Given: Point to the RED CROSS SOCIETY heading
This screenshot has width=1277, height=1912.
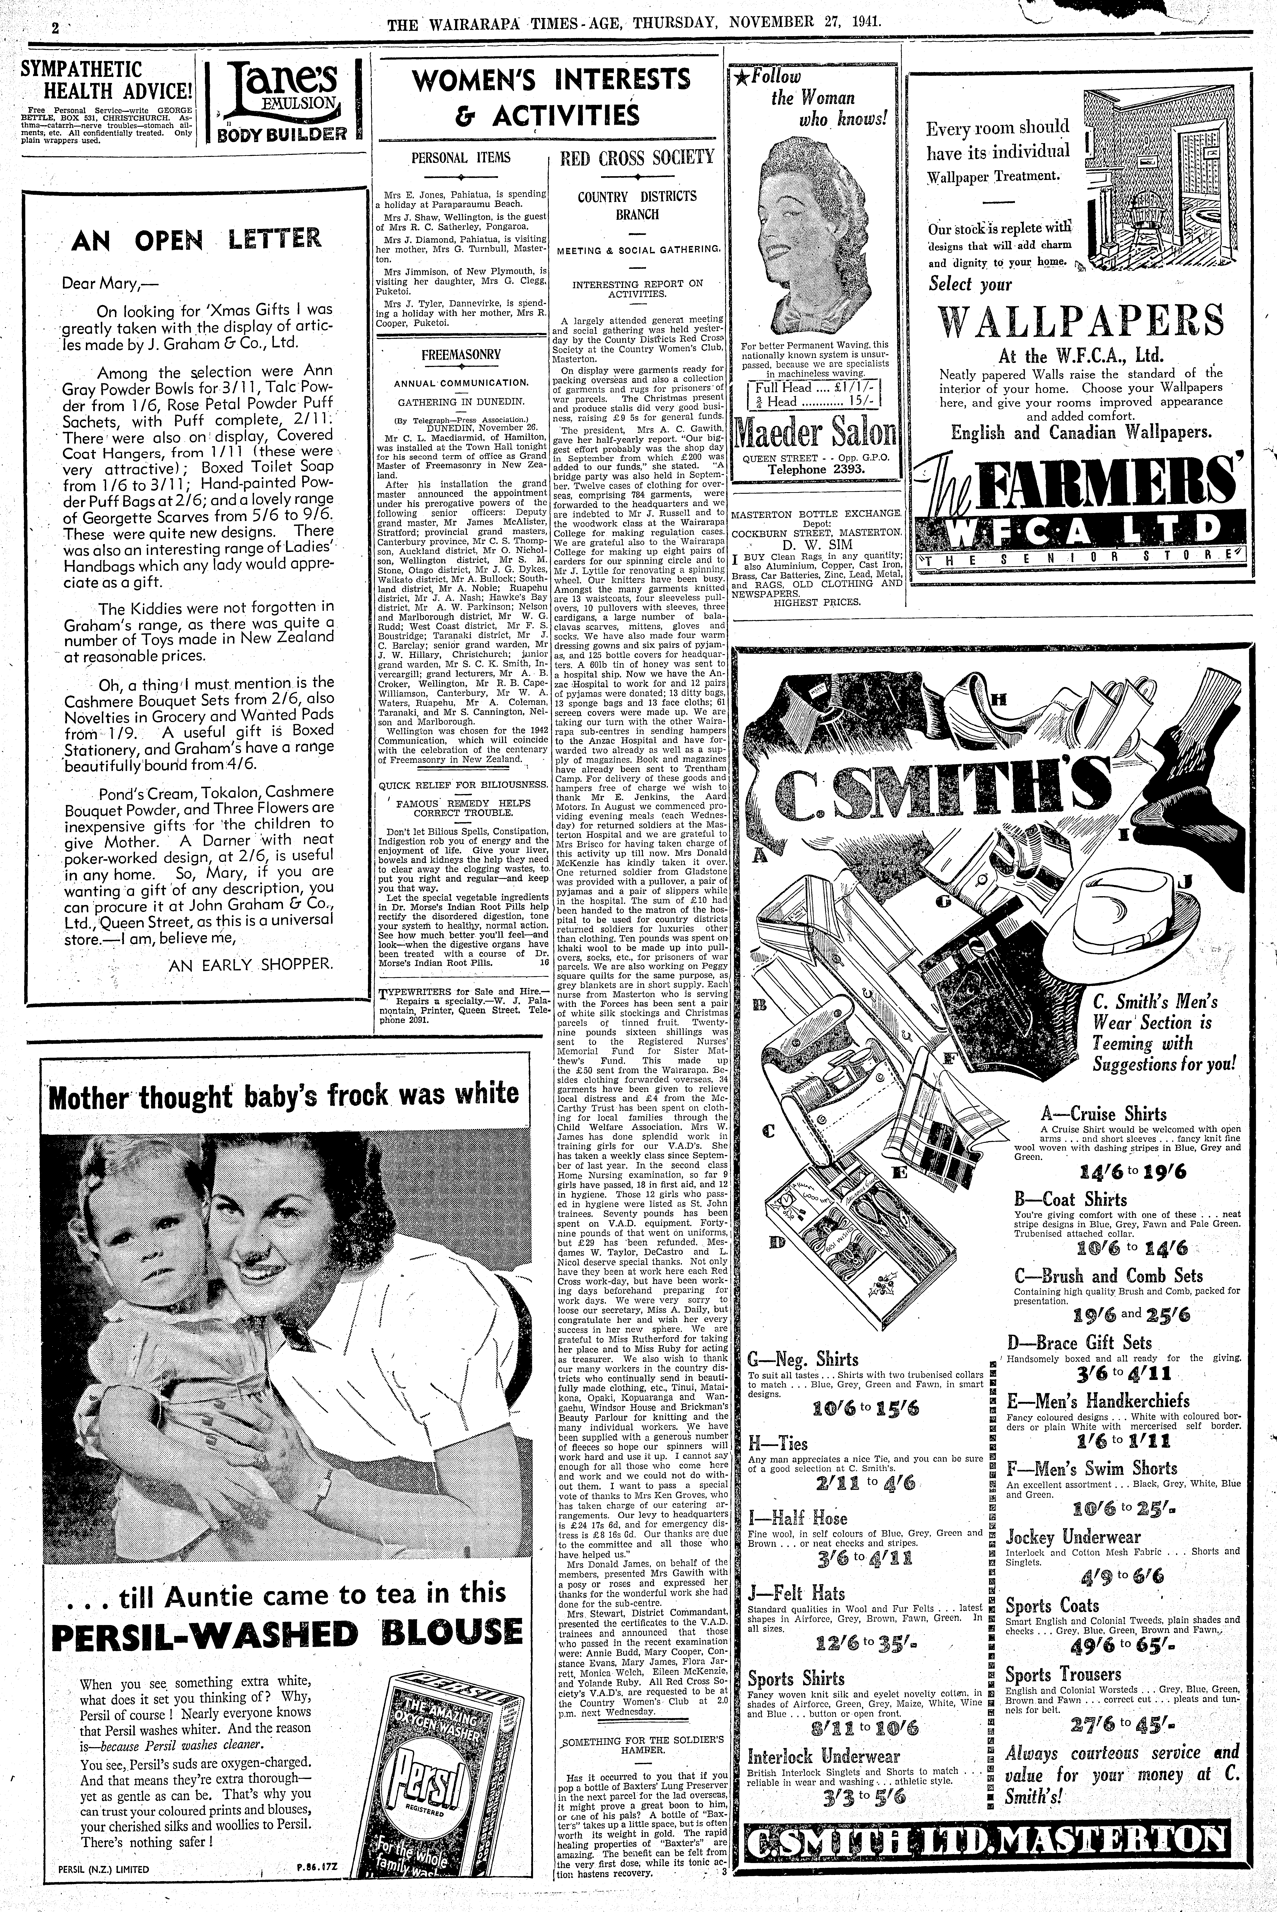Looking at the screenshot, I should click(638, 157).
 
